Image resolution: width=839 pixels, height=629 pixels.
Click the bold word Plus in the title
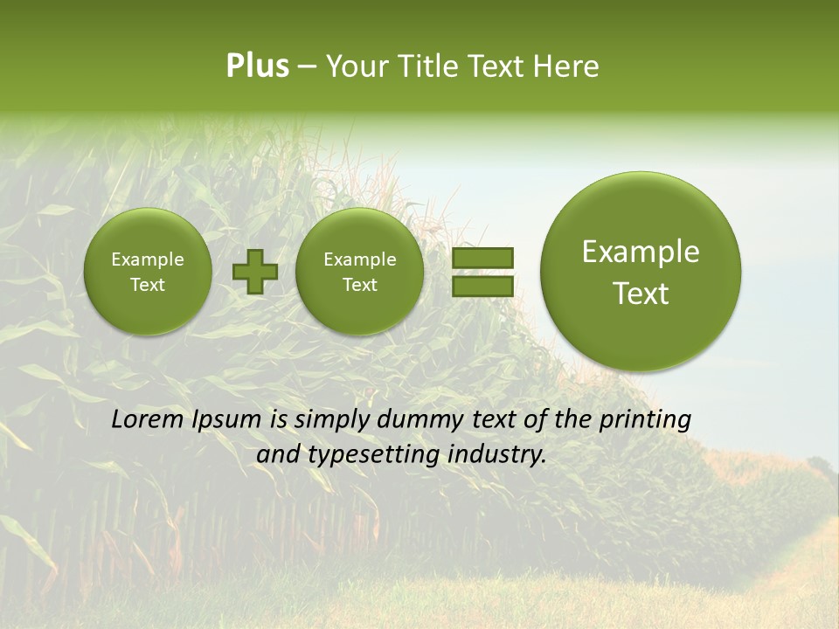pyautogui.click(x=257, y=66)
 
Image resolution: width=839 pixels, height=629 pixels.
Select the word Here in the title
pyautogui.click(x=567, y=66)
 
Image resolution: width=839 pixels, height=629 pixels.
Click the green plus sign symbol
pyautogui.click(x=254, y=272)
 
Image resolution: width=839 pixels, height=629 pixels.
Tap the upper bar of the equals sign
pyautogui.click(x=482, y=259)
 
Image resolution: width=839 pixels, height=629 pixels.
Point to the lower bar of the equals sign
pyautogui.click(x=482, y=286)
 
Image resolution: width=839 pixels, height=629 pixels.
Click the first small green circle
pyautogui.click(x=148, y=272)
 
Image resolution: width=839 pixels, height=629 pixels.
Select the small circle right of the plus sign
pyautogui.click(x=359, y=272)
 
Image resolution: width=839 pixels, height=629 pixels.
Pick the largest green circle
pyautogui.click(x=641, y=271)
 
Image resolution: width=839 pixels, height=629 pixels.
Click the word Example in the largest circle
pyautogui.click(x=641, y=252)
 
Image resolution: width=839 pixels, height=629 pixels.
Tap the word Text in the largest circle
pyautogui.click(x=641, y=294)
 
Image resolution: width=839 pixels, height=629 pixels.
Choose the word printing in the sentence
pyautogui.click(x=645, y=420)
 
